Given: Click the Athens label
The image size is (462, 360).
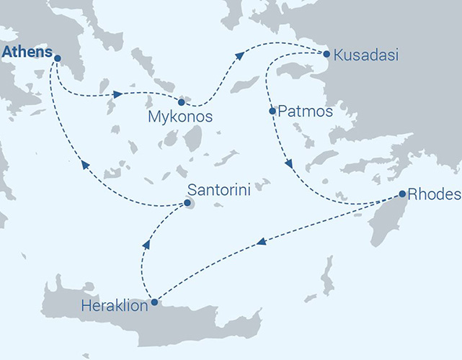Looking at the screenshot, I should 27,53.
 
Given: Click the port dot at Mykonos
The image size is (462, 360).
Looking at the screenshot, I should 181,102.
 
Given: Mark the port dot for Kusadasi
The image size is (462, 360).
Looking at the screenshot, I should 326,54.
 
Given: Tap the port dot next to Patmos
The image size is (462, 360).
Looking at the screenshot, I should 272,112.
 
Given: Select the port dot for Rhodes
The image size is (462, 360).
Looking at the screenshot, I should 402,194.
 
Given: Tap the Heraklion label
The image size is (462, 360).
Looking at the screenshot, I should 116,305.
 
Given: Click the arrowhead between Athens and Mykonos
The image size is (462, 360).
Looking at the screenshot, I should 117,94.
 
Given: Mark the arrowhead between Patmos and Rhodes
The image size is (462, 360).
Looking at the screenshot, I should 289,164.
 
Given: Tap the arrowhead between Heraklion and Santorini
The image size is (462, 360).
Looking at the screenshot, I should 146,245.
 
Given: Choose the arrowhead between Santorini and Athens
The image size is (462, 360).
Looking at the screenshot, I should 85,164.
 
